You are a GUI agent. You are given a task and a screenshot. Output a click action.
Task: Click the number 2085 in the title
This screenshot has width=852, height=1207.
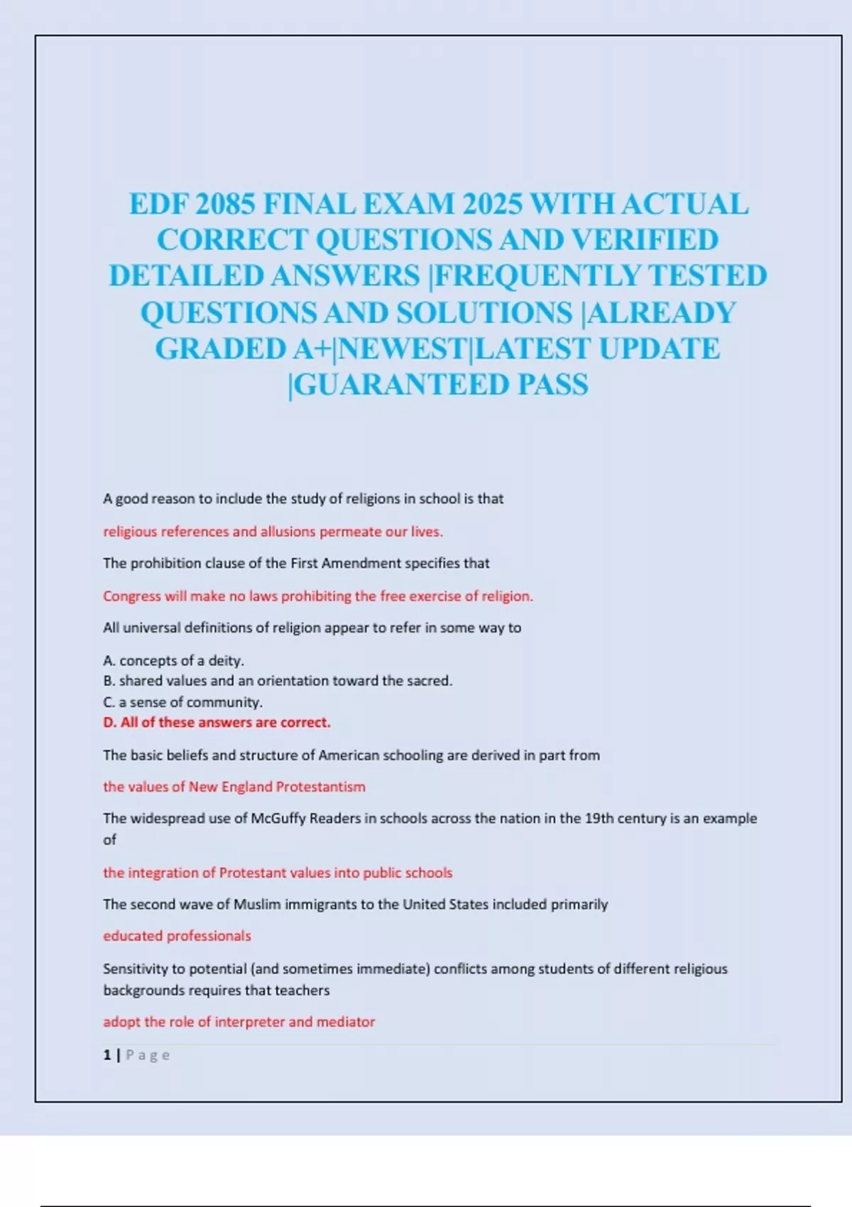(224, 204)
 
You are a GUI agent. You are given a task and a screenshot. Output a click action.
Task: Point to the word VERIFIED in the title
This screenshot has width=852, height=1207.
(645, 240)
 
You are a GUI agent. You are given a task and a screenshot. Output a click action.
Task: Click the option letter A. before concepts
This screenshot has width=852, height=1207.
(109, 660)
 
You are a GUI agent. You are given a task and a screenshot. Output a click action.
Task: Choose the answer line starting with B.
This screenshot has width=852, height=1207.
(277, 680)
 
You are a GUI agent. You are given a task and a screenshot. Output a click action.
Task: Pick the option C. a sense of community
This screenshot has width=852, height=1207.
(182, 701)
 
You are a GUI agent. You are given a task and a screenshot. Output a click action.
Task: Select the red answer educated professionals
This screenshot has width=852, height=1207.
(177, 936)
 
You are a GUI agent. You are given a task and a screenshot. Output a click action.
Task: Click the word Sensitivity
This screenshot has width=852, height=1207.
(134, 968)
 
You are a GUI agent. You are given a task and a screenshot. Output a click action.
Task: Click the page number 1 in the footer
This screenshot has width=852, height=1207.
(107, 1055)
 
